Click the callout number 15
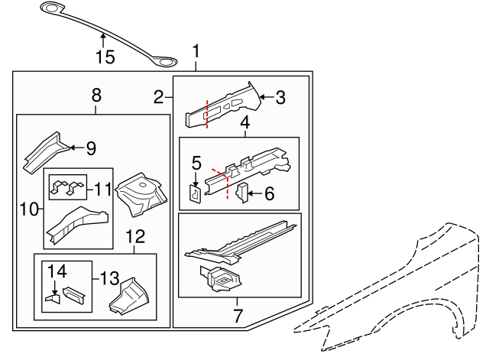104,57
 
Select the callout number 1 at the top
196,52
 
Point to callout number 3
280,97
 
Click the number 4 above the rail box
245,122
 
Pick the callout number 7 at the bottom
237,315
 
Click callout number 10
28,209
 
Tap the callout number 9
90,148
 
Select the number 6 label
268,194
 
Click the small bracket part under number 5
195,195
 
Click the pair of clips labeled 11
66,187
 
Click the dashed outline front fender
397,290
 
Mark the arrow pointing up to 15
104,40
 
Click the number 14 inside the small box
58,271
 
